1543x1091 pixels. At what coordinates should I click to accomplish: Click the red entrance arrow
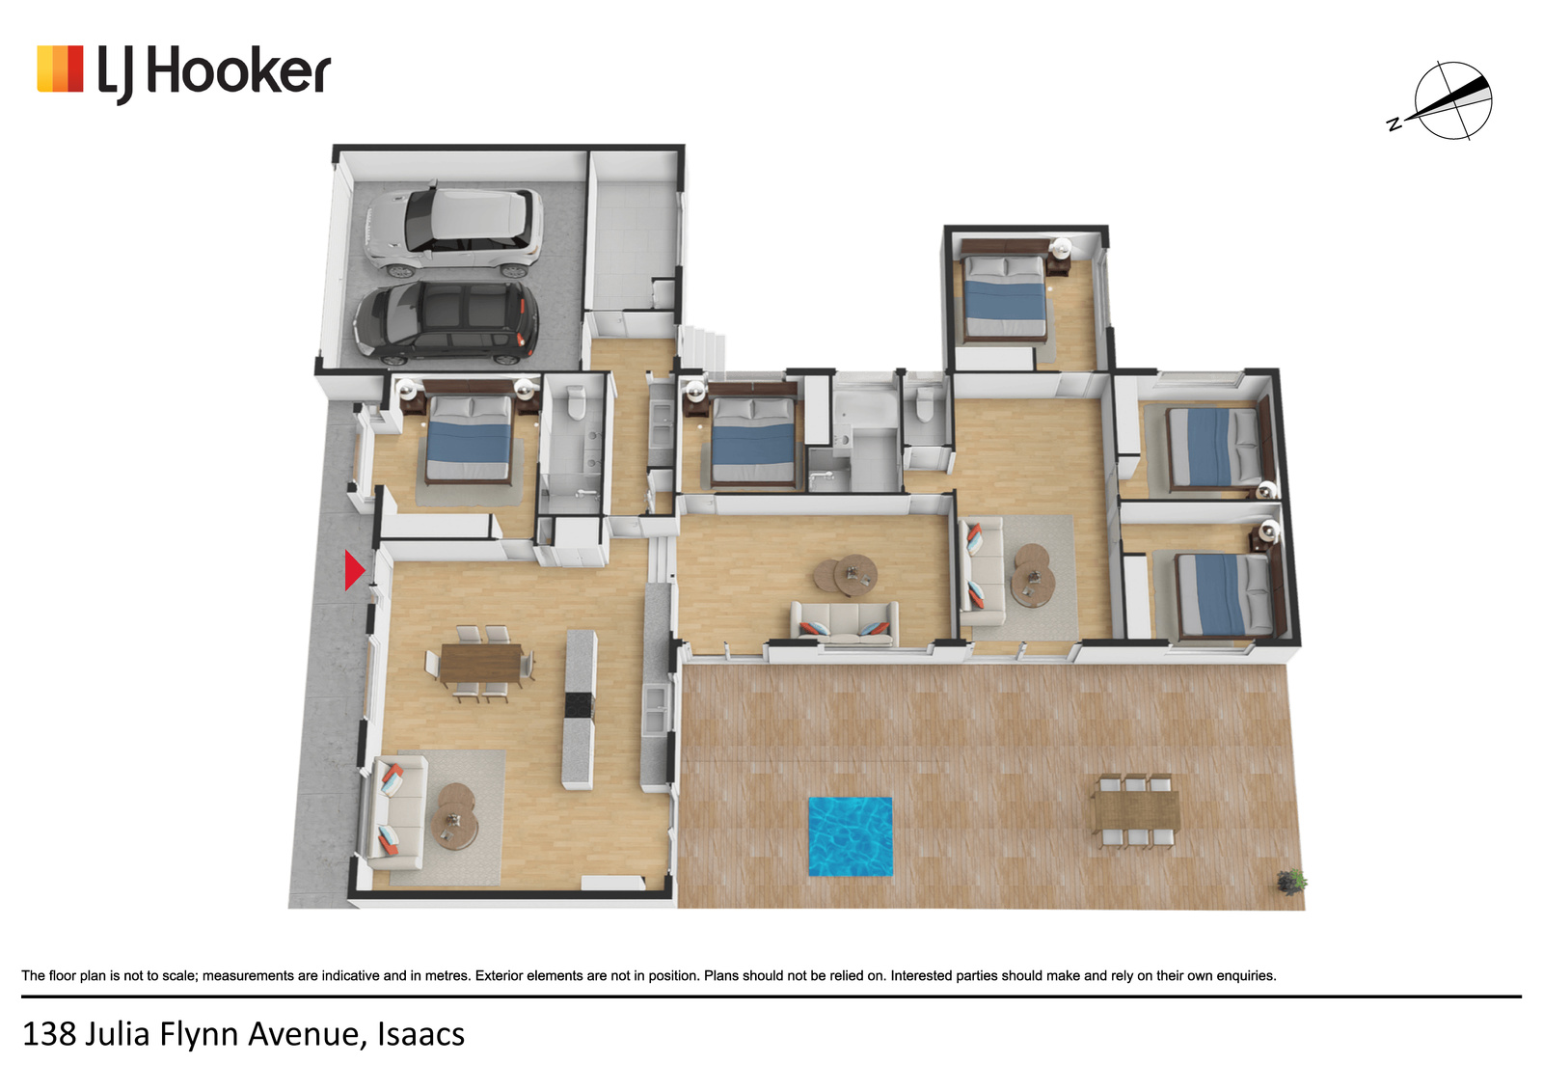(354, 571)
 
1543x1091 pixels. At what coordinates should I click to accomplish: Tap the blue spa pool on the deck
(850, 836)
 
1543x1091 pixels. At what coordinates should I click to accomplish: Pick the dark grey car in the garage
(447, 322)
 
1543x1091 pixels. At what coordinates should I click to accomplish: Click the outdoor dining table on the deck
(1136, 811)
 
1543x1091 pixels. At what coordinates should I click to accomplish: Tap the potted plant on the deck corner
(1291, 882)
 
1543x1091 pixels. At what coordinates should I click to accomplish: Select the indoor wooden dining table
(481, 662)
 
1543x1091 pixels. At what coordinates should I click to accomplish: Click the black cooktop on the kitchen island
(579, 705)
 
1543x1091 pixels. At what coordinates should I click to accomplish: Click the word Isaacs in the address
(420, 1034)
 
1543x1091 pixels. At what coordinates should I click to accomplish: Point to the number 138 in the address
(49, 1034)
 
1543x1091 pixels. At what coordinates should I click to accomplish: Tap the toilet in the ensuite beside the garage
(576, 402)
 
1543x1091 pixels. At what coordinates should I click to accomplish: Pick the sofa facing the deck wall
(845, 624)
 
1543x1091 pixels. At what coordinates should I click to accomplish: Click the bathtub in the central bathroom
(864, 406)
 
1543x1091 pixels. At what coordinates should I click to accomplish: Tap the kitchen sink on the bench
(656, 711)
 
